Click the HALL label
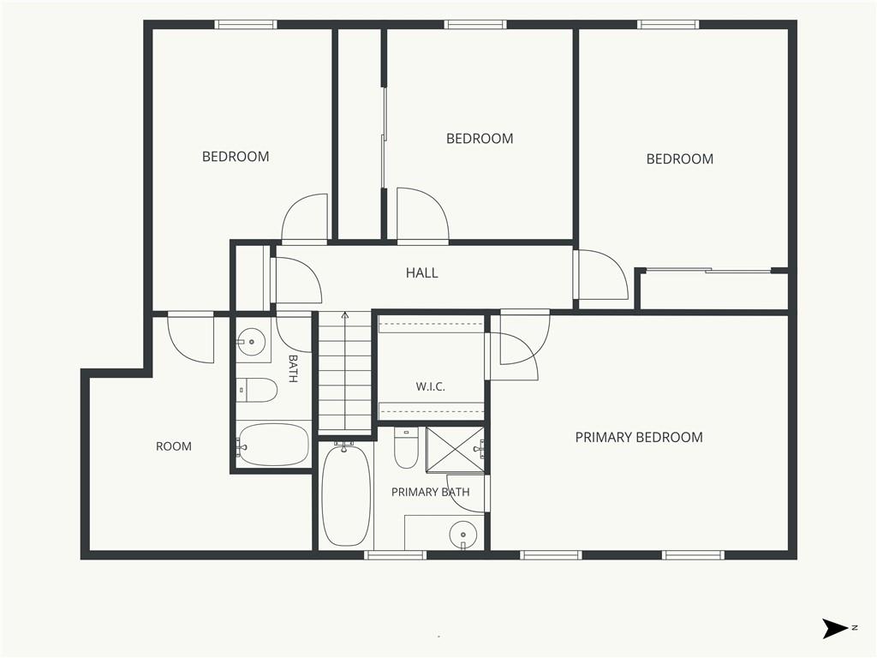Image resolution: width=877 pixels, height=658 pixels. point(421,272)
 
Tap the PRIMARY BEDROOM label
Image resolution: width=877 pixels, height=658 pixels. point(639,437)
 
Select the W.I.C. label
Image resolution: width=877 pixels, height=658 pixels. point(430,386)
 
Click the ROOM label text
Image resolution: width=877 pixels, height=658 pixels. point(173,446)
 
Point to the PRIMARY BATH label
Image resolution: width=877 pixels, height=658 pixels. point(430,492)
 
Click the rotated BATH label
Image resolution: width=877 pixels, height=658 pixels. point(293,368)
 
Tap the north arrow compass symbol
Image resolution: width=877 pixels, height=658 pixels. point(836,628)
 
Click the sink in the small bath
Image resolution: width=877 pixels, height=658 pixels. point(251,341)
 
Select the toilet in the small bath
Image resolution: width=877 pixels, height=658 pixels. point(257,390)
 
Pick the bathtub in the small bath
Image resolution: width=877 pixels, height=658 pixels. point(273,445)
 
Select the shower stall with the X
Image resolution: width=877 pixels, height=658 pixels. point(455,450)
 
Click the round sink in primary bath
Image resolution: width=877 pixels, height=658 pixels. point(462,535)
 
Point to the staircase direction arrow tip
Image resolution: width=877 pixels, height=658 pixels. point(345,314)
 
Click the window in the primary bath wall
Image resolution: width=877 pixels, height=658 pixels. point(395,555)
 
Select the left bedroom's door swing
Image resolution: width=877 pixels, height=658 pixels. point(304,218)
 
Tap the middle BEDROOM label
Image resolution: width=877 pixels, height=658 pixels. point(480,138)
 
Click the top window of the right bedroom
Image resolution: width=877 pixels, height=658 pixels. point(668,24)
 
